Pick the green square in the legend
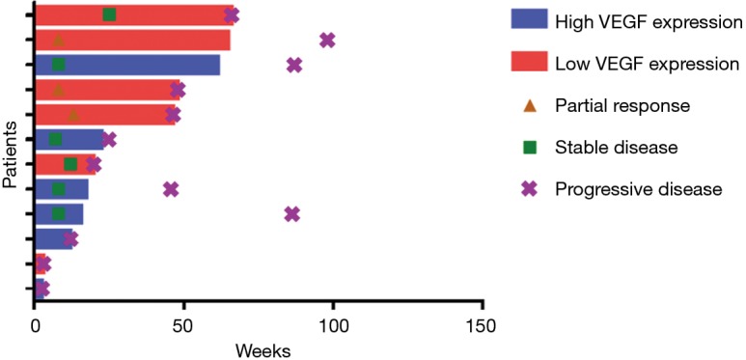tap(529, 148)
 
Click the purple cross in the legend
tap(529, 189)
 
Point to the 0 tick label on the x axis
tap(35, 327)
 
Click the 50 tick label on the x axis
tap(183, 327)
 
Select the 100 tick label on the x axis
tap(333, 327)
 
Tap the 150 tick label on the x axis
tap(482, 327)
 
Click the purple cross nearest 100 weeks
tap(327, 40)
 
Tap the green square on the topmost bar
tap(109, 14)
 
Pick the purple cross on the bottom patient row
tap(41, 288)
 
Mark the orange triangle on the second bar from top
tap(59, 40)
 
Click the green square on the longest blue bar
tap(59, 65)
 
